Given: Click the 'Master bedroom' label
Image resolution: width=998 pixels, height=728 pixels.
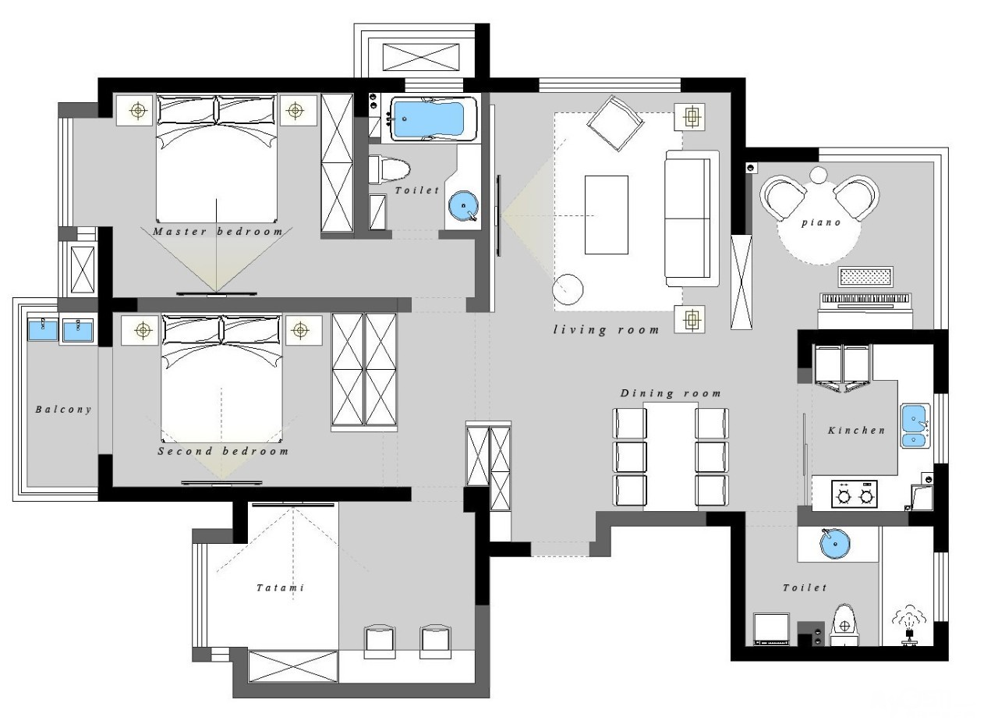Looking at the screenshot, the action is [218, 232].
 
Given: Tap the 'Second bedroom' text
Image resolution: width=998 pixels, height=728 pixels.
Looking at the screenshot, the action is [223, 451].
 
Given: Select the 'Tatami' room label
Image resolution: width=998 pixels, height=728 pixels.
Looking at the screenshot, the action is [281, 588].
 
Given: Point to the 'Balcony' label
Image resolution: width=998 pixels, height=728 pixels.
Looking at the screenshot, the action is [64, 409].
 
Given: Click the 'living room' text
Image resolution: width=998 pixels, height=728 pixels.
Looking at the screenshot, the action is [606, 330].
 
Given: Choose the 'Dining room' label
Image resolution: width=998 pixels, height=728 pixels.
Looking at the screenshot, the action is [671, 393].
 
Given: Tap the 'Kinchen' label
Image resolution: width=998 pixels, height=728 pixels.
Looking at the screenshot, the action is [856, 430].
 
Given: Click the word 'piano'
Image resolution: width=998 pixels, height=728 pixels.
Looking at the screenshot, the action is [821, 222].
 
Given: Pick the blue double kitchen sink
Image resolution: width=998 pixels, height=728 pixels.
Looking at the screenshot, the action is [915, 426].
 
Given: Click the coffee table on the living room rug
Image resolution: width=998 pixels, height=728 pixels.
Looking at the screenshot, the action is [607, 215].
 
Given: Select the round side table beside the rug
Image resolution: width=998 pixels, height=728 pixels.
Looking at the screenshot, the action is [568, 289].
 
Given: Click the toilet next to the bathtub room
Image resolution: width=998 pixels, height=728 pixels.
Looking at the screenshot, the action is [388, 169].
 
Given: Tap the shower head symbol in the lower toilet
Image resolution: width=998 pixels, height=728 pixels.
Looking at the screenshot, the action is [909, 625].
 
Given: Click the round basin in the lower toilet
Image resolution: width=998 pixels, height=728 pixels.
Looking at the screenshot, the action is [835, 543].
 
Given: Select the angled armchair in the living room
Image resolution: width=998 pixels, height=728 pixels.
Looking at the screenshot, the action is [615, 123].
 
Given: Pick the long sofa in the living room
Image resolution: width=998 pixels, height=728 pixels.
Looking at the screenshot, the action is [692, 218].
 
